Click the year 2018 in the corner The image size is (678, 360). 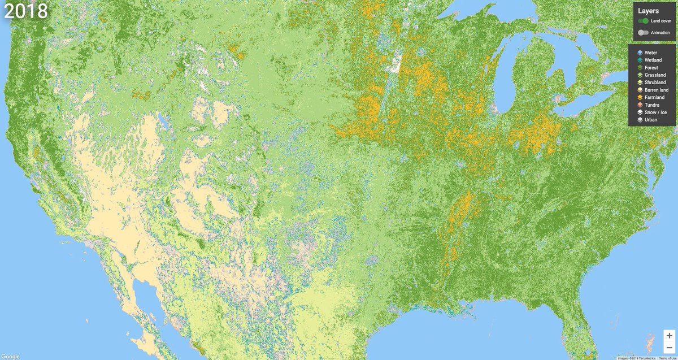coord(26,12)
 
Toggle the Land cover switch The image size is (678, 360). coord(643,21)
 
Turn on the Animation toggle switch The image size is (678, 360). coord(643,33)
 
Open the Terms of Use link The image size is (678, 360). coord(667,358)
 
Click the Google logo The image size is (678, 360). coord(10,356)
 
